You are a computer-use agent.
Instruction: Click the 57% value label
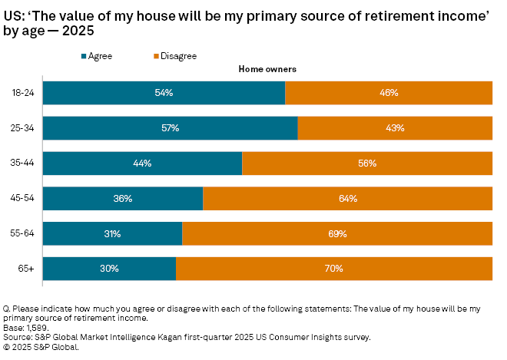tap(170, 128)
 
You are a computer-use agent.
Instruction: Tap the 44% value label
tap(142, 163)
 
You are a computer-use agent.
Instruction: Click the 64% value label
tap(347, 199)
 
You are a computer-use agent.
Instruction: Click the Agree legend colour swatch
tap(84, 56)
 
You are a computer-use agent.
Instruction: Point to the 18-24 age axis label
tap(23, 93)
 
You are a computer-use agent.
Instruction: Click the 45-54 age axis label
tap(23, 199)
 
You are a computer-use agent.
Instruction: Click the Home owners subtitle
tap(267, 70)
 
